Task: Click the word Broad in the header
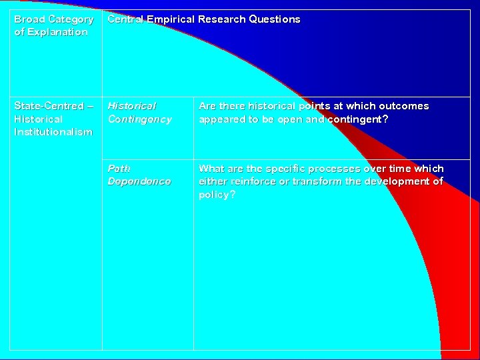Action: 29,19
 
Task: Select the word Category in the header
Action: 71,19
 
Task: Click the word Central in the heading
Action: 125,19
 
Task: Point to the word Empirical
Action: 170,19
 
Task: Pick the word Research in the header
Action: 223,19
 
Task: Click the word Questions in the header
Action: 275,19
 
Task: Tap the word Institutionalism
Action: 53,132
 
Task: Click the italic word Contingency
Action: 140,119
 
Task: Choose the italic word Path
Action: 119,169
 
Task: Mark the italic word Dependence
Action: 139,181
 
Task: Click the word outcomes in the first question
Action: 404,106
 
